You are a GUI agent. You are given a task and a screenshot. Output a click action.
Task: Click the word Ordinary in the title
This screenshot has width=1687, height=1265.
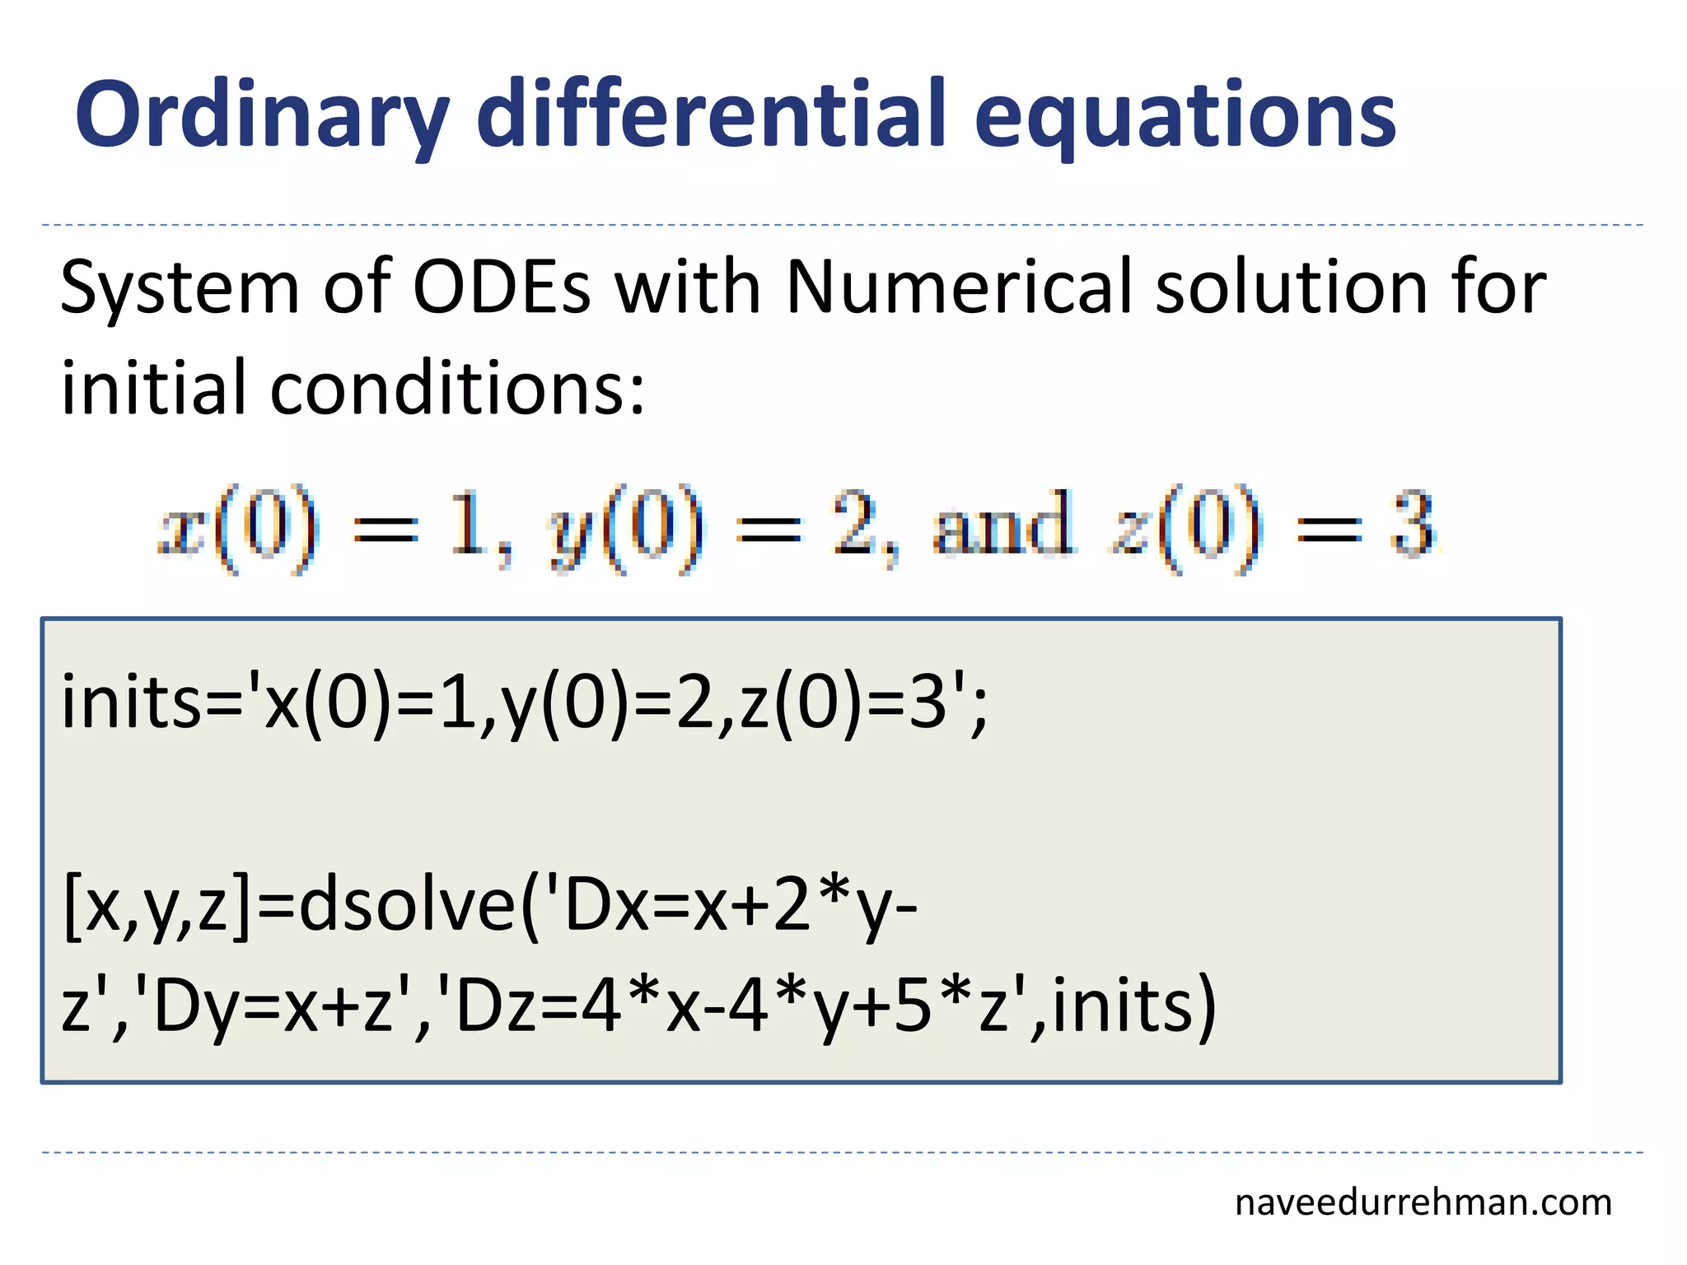pyautogui.click(x=262, y=115)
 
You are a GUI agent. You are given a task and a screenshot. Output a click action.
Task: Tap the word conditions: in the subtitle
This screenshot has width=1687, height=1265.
pyautogui.click(x=457, y=387)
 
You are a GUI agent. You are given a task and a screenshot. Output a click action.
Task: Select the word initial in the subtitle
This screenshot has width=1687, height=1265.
pyautogui.click(x=153, y=387)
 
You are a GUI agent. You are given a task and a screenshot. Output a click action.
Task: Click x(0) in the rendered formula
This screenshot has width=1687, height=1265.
pyautogui.click(x=239, y=527)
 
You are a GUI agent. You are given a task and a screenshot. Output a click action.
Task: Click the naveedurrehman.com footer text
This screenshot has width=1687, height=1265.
pyautogui.click(x=1423, y=1202)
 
